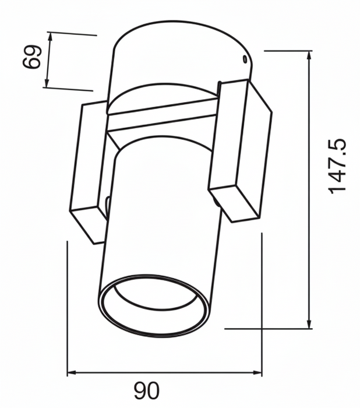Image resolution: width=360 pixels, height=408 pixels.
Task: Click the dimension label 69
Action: click(31, 57)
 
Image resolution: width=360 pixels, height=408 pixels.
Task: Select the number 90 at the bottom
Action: click(146, 391)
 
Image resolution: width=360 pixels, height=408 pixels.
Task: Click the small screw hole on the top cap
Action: click(244, 59)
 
